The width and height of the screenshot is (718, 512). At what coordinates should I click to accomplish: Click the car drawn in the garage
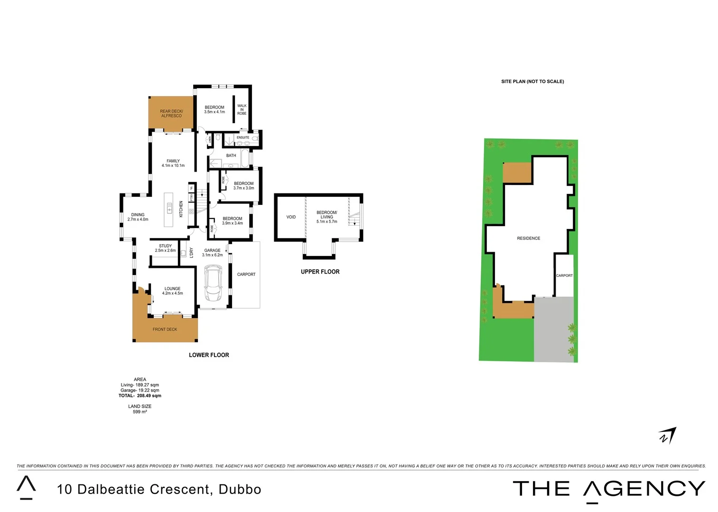[x=213, y=283]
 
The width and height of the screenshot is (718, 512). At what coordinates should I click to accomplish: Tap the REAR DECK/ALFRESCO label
[x=171, y=114]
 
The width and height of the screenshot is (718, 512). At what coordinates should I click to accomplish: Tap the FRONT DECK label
[x=165, y=329]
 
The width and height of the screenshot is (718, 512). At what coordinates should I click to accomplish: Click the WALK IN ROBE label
[x=242, y=110]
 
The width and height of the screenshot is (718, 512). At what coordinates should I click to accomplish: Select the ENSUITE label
[x=243, y=137]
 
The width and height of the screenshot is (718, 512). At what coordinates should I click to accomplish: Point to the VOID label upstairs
[x=291, y=217]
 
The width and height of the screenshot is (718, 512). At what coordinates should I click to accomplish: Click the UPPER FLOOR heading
[x=320, y=272]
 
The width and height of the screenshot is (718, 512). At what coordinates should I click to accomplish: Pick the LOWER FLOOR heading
[x=209, y=355]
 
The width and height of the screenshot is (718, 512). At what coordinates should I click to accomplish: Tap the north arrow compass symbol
[x=667, y=436]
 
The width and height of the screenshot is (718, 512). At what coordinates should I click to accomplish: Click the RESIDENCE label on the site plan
[x=528, y=238]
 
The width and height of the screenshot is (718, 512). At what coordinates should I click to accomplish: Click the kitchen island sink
[x=169, y=207]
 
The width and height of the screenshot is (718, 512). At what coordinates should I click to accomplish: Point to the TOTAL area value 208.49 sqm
[x=149, y=395]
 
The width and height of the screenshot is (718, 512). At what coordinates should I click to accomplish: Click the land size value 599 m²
[x=140, y=412]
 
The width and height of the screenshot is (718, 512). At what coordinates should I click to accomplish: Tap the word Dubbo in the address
[x=240, y=489]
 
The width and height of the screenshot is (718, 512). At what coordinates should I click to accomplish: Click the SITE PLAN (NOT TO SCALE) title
[x=532, y=82]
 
